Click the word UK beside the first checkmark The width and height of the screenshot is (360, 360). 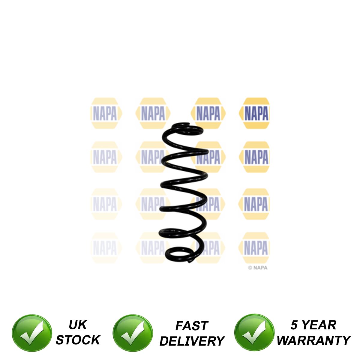click(x=77, y=325)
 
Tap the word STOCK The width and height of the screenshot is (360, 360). click(x=78, y=340)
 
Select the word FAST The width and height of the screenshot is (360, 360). click(x=192, y=326)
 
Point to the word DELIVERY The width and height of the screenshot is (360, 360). click(x=192, y=341)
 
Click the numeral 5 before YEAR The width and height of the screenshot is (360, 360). click(x=294, y=325)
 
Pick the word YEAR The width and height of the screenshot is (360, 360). click(x=319, y=325)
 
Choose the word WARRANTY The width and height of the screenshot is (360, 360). click(x=313, y=340)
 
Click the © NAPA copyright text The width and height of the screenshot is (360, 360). click(x=257, y=268)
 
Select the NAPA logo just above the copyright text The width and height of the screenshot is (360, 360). click(x=255, y=248)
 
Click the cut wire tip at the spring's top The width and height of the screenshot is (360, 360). click(x=189, y=124)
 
